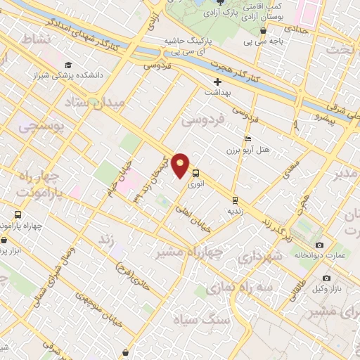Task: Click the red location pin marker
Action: (x=181, y=165)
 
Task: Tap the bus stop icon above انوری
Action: (x=195, y=173)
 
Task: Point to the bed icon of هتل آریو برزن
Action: (x=246, y=139)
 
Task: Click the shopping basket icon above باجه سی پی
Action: (x=263, y=31)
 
